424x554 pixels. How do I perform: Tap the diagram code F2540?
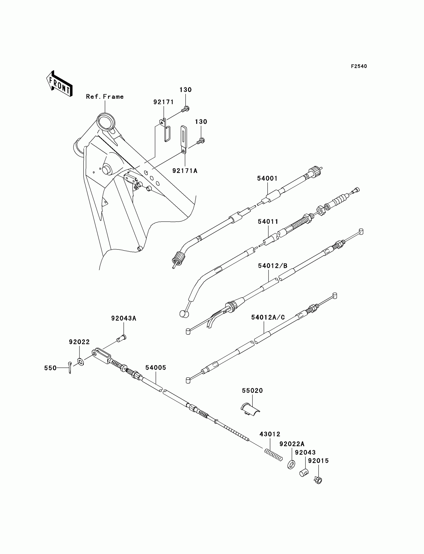359,66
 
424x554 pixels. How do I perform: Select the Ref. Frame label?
105,97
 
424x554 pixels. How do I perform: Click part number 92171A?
185,171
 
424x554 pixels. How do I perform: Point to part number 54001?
267,178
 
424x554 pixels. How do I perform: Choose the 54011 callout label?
268,222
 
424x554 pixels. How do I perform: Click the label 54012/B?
273,266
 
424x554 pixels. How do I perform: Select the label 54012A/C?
268,317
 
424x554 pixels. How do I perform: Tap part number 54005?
156,368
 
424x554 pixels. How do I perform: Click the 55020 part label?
252,391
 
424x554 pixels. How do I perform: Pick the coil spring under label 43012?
273,455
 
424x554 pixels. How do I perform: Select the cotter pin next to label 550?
70,367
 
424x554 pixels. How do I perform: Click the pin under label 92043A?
122,338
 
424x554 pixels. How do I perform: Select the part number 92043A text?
124,318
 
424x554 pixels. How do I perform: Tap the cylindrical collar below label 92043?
304,472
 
